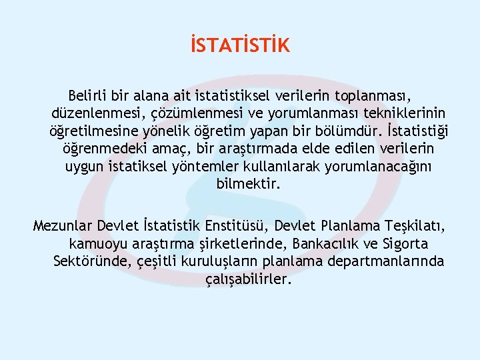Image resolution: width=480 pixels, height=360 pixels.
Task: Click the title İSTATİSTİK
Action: point(239,46)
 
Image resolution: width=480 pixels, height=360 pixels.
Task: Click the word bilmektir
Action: point(249,183)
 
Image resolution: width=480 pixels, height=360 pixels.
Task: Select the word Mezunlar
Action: point(62,225)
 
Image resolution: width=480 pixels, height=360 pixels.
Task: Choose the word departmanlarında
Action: point(385,261)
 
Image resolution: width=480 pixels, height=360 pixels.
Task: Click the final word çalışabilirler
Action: point(249,279)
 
